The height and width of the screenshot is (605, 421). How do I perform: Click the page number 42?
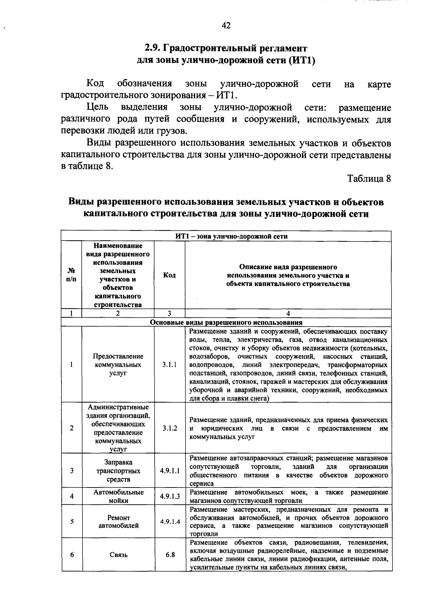[226, 25]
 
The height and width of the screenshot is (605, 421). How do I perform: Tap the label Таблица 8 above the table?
[369, 179]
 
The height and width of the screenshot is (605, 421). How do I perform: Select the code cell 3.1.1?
[169, 365]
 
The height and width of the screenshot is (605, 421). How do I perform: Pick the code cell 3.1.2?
[169, 428]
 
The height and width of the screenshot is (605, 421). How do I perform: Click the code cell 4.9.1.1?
[169, 471]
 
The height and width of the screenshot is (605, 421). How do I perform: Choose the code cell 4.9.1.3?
[169, 496]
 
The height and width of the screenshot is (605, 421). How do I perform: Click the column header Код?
[169, 275]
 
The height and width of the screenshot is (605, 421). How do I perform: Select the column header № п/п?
[71, 275]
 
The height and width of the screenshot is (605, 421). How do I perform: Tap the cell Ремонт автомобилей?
[118, 522]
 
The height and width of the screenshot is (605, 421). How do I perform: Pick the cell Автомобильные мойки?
[118, 496]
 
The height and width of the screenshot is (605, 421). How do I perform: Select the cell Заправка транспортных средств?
[118, 471]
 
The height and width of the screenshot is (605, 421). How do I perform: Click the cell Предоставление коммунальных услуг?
[118, 365]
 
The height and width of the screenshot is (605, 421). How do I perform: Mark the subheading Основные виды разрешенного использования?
[226, 322]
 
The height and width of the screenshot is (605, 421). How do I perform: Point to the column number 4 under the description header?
[288, 314]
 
